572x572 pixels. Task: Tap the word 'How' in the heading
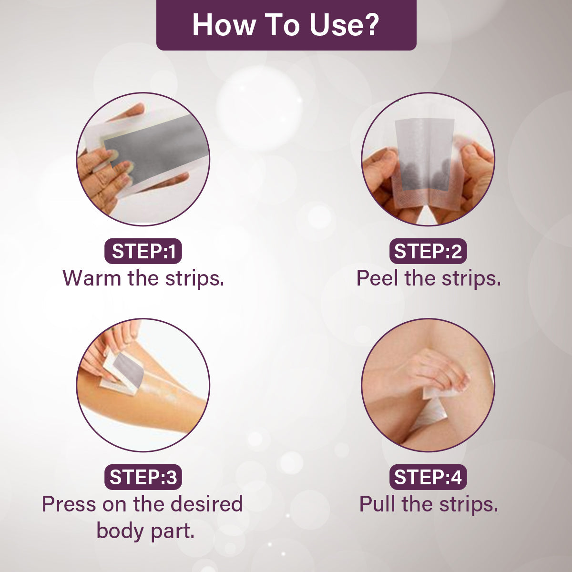(x=224, y=25)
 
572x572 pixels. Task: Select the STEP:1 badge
(x=143, y=251)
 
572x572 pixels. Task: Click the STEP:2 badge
(x=428, y=251)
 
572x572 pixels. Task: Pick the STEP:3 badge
(x=143, y=477)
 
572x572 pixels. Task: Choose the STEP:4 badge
(x=428, y=477)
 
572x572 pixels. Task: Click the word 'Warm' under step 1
(x=92, y=278)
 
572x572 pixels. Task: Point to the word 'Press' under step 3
(x=69, y=504)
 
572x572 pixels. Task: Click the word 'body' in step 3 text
(x=121, y=531)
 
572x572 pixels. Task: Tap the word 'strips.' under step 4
(x=469, y=505)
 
